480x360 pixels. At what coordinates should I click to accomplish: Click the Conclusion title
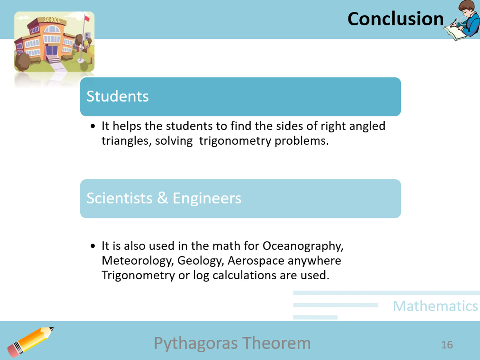point(395,19)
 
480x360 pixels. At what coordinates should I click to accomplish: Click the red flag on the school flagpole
point(87,19)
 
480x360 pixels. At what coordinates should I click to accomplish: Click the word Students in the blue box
point(118,96)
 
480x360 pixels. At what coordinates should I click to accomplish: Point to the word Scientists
point(119,198)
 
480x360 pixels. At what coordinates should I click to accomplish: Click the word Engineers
point(207,198)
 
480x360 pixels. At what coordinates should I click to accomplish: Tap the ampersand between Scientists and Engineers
point(162,198)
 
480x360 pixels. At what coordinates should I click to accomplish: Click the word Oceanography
point(303,246)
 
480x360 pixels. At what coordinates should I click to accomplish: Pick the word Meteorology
point(138,261)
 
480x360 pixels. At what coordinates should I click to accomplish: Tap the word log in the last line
point(201,275)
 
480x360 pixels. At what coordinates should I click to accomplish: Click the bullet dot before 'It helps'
point(93,126)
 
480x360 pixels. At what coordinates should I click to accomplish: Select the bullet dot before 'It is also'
point(93,246)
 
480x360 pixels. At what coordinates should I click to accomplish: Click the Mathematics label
point(435,306)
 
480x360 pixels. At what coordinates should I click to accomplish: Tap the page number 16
point(447,345)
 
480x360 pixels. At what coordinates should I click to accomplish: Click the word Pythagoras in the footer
point(196,343)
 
